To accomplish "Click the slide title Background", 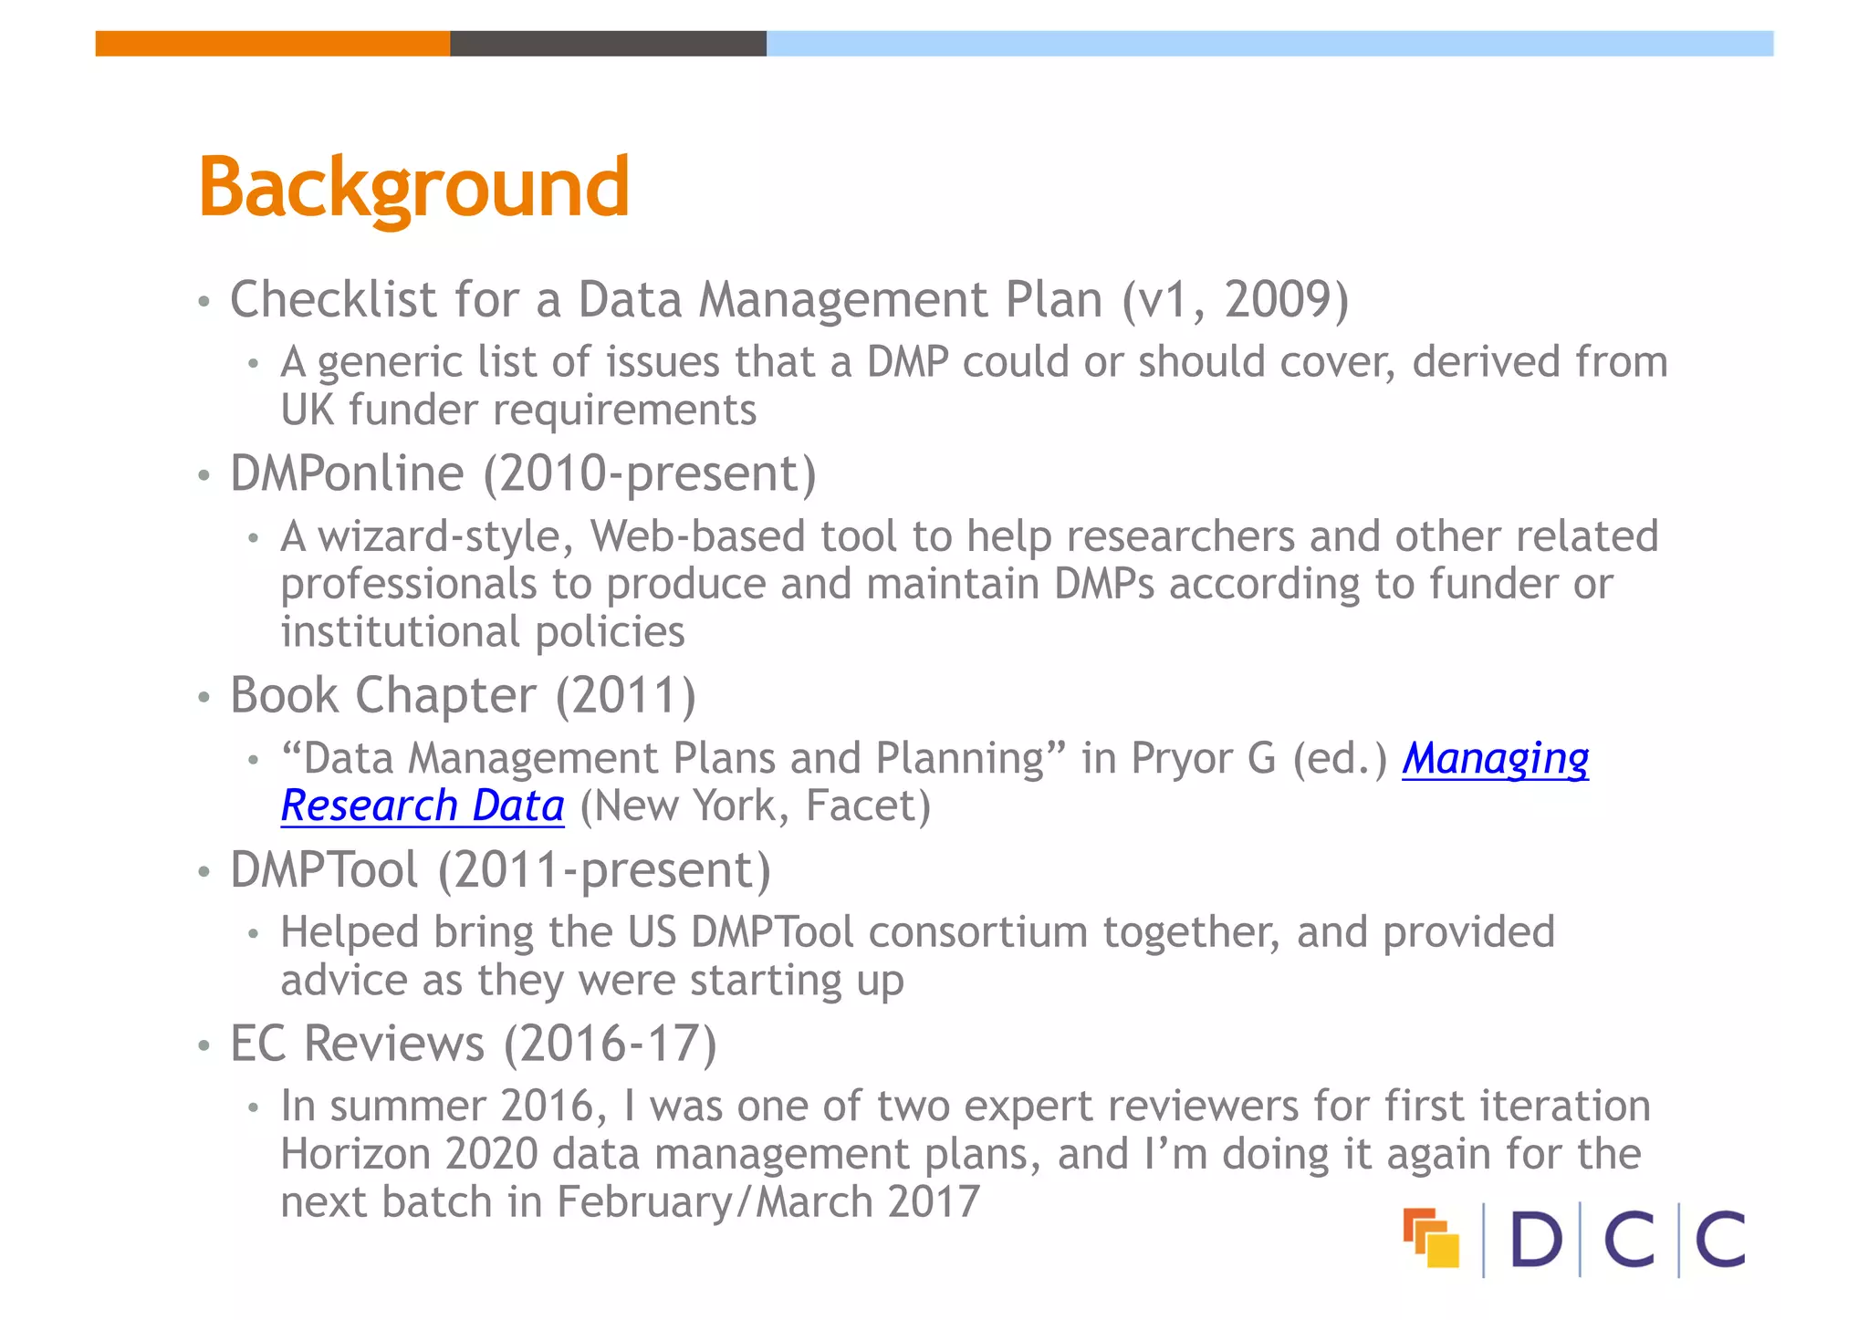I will [413, 189].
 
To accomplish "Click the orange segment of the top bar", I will [272, 44].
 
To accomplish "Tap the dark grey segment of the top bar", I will [608, 44].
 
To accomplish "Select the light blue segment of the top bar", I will [1269, 44].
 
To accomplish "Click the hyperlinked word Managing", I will [1495, 759].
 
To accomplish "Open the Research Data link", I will [423, 806].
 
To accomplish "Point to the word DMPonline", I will [347, 473].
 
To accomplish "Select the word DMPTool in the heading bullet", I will [324, 870].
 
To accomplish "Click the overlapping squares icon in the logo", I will [1431, 1238].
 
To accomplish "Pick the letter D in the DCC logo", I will [1536, 1240].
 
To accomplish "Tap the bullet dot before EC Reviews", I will [204, 1046].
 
